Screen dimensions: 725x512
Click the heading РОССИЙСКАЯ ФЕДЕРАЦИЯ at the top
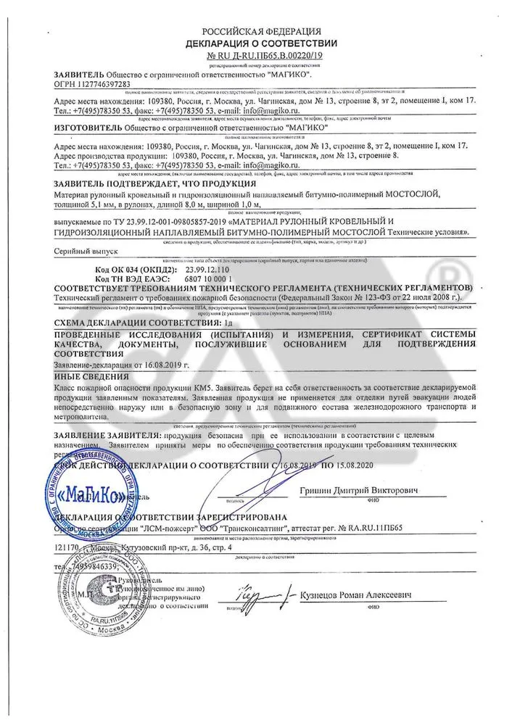[260, 31]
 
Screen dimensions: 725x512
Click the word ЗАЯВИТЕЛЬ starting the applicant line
[79, 75]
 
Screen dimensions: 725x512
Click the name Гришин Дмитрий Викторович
[358, 491]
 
